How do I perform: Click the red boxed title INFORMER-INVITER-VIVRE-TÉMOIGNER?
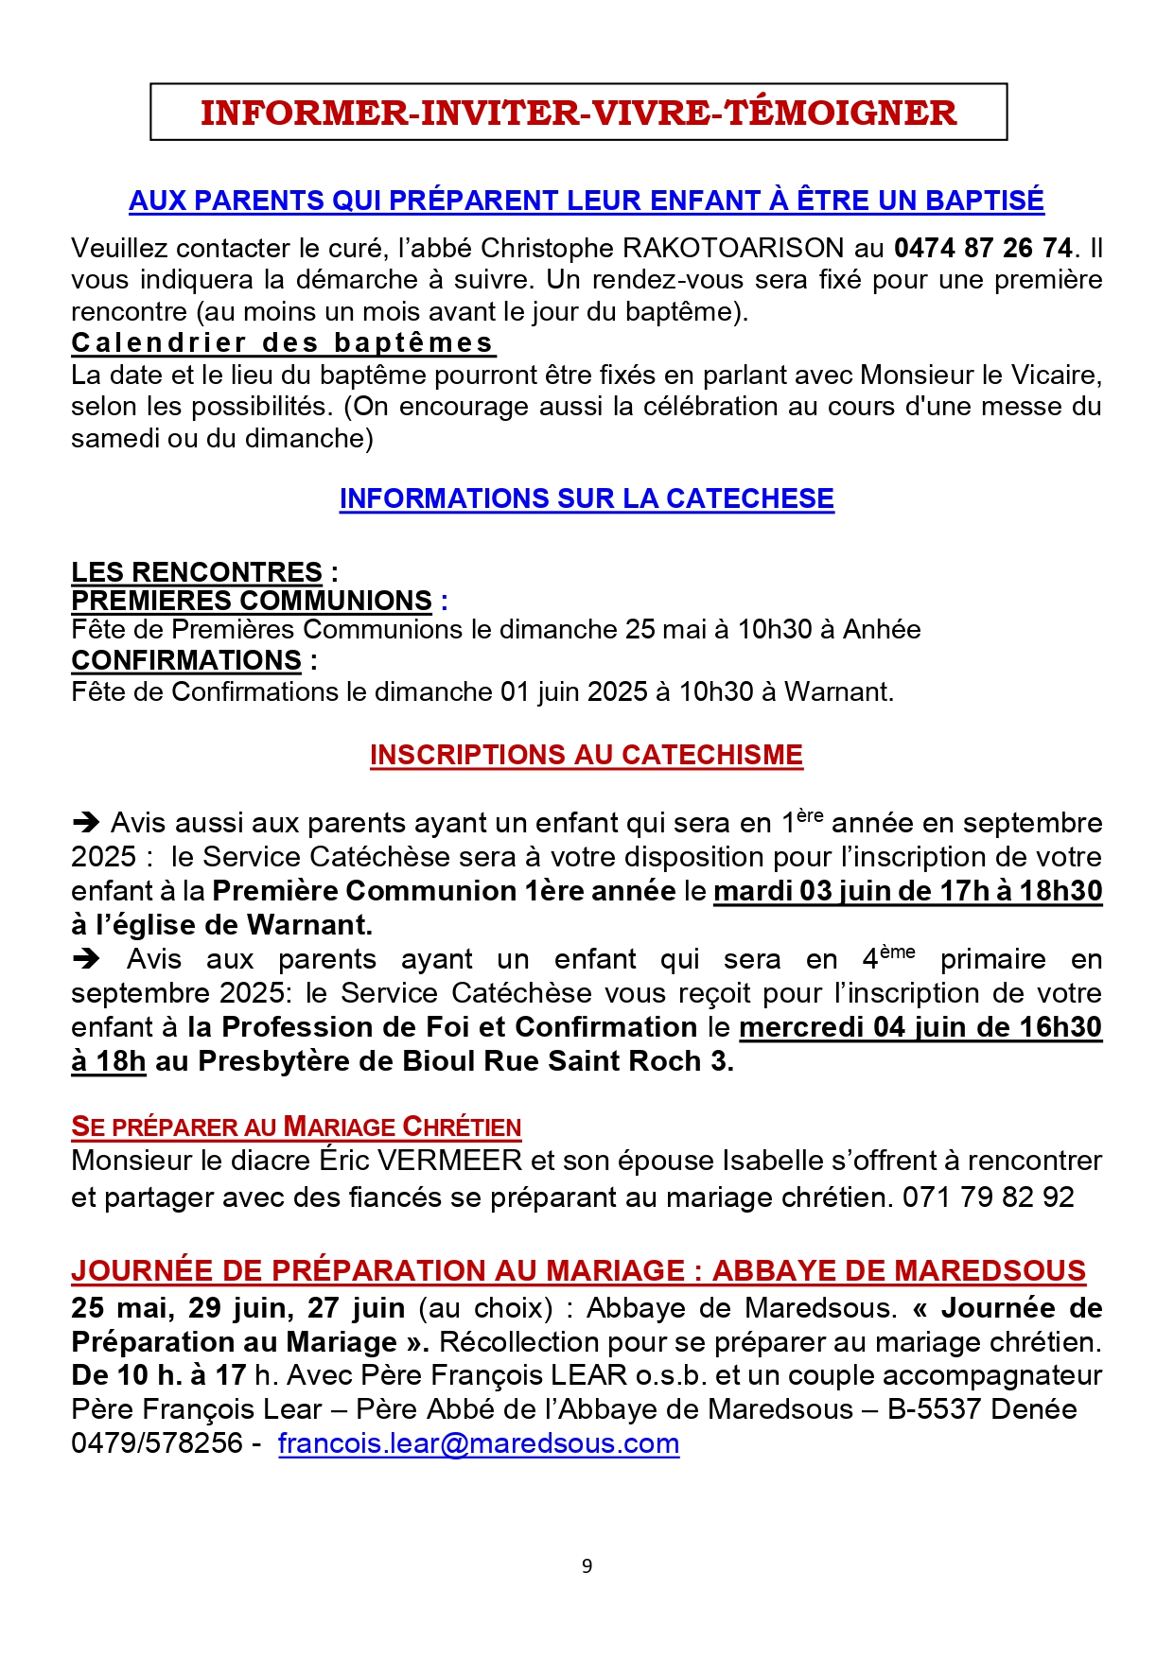(x=578, y=113)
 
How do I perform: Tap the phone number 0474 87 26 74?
(x=983, y=249)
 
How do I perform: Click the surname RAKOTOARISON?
(x=733, y=249)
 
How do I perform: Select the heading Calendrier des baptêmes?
(x=283, y=342)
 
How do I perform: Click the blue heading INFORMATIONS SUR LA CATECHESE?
(x=587, y=498)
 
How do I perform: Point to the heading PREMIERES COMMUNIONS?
(x=252, y=601)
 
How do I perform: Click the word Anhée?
(x=882, y=630)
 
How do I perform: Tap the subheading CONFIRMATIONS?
(x=186, y=660)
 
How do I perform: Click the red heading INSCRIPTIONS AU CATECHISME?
(x=587, y=755)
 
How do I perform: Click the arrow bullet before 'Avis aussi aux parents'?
(x=86, y=822)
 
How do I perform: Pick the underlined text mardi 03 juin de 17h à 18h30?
(x=907, y=891)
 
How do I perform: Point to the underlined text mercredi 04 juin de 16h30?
(x=920, y=1027)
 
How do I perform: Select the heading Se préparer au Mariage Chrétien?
(x=296, y=1127)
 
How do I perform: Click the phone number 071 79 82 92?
(x=988, y=1197)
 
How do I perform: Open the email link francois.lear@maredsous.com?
(x=479, y=1443)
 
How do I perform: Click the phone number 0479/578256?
(x=157, y=1443)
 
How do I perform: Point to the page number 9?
(x=587, y=1566)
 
